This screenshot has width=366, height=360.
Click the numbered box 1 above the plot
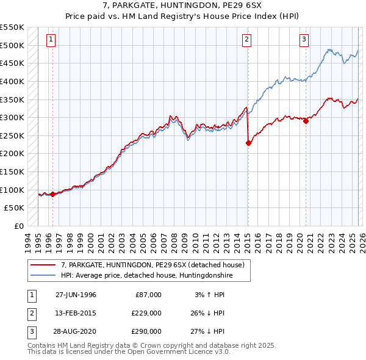(50, 40)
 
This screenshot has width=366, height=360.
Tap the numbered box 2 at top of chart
(246, 40)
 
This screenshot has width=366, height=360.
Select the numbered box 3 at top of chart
(304, 40)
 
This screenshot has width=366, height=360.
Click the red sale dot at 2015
(248, 143)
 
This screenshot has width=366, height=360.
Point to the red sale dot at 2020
(306, 121)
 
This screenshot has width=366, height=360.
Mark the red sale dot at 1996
(52, 195)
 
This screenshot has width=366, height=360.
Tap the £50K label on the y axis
(15, 208)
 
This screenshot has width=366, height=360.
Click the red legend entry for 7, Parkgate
(152, 265)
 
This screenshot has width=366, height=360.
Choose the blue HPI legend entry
(146, 276)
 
